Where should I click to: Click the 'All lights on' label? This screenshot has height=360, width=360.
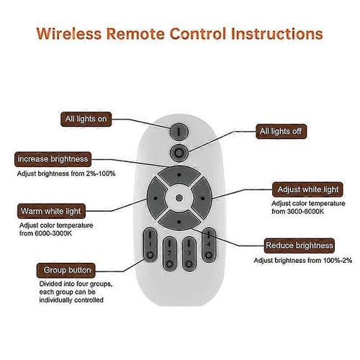point(86,119)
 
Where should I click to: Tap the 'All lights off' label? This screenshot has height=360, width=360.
point(281,131)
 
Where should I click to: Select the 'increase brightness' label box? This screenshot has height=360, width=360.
point(53,159)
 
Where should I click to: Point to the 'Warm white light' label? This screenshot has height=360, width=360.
point(51,211)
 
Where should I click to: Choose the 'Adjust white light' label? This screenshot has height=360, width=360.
point(307,189)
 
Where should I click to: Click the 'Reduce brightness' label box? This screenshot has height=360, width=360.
point(300,246)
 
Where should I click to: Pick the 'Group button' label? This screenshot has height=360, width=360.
point(66,270)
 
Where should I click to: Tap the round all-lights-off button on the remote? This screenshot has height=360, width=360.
point(179,153)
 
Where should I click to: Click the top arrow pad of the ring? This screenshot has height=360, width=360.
point(179,175)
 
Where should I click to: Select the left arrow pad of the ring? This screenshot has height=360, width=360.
point(156,198)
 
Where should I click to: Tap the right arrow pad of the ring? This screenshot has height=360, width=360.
point(202,198)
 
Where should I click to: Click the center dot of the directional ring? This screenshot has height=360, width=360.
point(179,198)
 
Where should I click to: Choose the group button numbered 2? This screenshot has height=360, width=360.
point(170,253)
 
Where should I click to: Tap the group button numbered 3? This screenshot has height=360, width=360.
point(189,253)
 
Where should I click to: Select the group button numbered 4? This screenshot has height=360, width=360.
point(209,245)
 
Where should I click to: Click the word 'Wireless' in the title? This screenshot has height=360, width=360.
point(69,33)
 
